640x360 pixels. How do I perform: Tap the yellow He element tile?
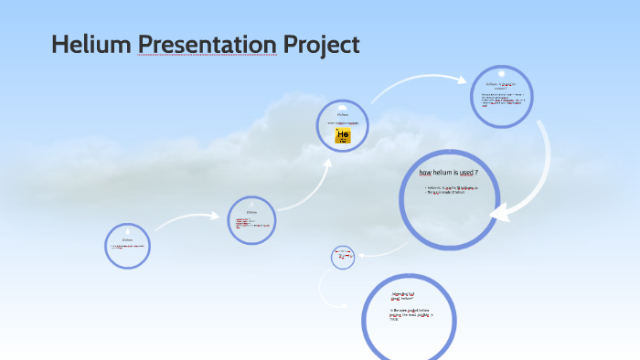pyautogui.click(x=343, y=136)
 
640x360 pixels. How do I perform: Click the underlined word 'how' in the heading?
pyautogui.click(x=425, y=173)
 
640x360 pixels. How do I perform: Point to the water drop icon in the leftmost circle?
pyautogui.click(x=128, y=231)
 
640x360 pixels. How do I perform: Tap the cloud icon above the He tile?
pyautogui.click(x=343, y=106)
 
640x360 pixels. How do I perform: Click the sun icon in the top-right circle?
pyautogui.click(x=502, y=72)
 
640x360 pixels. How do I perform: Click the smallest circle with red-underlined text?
pyautogui.click(x=344, y=257)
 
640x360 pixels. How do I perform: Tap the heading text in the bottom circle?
pyautogui.click(x=402, y=295)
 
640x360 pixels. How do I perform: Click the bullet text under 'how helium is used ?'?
pyautogui.click(x=451, y=190)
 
